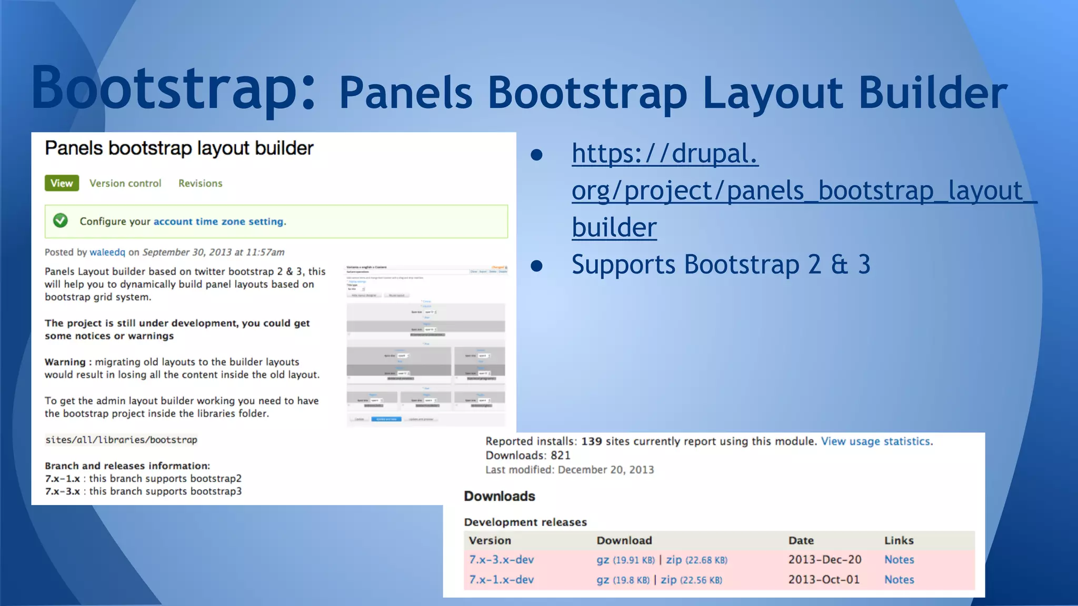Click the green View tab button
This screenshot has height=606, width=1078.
[x=62, y=183]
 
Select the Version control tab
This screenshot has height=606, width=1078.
[x=125, y=183]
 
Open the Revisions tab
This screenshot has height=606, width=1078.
[x=200, y=183]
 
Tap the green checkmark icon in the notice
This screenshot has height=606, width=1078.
[x=61, y=221]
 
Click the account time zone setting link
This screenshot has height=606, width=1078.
[x=218, y=221]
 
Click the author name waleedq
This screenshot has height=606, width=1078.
[x=107, y=252]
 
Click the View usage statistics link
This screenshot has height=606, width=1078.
[x=876, y=441]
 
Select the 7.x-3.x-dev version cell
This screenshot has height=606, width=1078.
[x=501, y=560]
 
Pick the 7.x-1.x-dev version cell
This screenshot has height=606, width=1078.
[x=501, y=580]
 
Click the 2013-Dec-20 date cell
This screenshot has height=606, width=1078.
[x=824, y=560]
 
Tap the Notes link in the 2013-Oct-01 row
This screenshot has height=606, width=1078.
[x=899, y=580]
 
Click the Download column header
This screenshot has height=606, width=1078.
[x=624, y=540]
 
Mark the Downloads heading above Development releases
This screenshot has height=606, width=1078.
[x=499, y=496]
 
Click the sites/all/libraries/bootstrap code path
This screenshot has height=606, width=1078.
[x=121, y=440]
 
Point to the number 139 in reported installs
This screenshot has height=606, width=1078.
[x=591, y=441]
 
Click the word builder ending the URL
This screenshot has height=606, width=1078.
[x=614, y=228]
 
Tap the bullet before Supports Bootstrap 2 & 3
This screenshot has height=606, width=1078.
[x=536, y=265]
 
